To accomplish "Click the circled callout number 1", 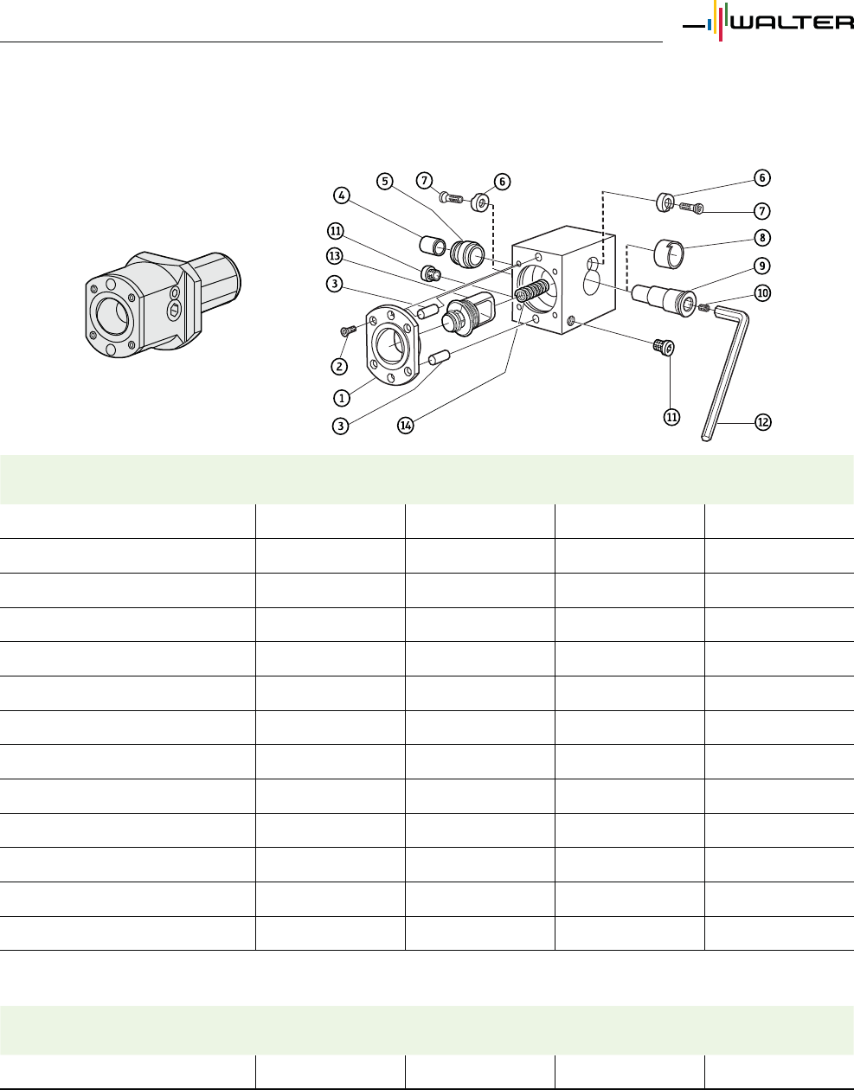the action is point(342,398).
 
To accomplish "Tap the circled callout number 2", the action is point(339,367).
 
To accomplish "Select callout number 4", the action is point(342,196).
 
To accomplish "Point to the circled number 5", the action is point(385,181).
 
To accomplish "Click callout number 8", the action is point(762,238).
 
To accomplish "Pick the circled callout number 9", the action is point(762,266).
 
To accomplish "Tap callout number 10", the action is point(762,293).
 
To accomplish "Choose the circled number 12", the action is point(763,422).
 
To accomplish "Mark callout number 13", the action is point(335,256).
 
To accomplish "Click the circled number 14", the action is point(405,426).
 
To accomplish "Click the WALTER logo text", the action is point(793,22).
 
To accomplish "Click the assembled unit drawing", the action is point(163,305).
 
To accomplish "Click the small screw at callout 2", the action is point(348,330).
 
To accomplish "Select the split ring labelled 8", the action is point(669,253).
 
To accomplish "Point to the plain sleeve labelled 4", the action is point(433,245).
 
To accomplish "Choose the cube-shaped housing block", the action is point(563,280).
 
